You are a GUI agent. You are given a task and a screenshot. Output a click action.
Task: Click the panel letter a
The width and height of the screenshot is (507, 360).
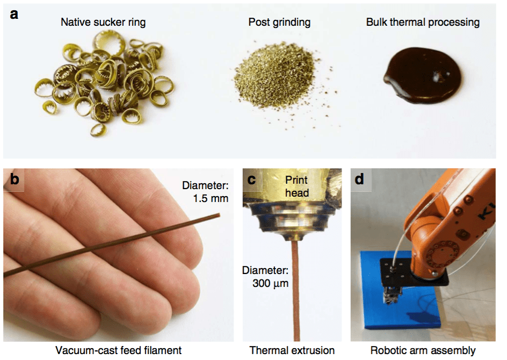point(14,14)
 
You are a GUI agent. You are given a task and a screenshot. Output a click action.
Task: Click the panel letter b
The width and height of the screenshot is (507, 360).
point(15,179)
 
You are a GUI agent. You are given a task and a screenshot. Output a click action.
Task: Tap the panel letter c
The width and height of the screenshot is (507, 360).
point(251,179)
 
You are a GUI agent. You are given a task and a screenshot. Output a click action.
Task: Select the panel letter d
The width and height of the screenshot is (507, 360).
point(359,179)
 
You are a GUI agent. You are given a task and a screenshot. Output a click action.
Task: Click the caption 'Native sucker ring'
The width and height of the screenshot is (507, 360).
point(103,23)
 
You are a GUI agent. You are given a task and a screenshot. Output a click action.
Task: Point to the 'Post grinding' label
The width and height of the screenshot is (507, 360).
point(279,23)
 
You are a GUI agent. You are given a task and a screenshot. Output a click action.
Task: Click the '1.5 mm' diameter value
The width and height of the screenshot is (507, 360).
point(211,198)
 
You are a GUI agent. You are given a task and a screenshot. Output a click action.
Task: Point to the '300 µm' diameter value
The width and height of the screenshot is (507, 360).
point(270,283)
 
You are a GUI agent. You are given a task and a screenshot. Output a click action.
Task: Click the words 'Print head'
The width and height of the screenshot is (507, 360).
point(297,186)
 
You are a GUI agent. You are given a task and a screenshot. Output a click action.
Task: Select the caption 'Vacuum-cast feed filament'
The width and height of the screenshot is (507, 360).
point(118,350)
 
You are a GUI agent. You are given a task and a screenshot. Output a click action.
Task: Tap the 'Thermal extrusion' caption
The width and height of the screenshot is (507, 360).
point(292,350)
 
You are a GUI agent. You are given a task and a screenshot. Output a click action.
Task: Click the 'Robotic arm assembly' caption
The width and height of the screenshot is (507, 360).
point(423,351)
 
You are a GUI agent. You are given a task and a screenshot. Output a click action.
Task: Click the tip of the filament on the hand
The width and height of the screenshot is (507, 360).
point(219,215)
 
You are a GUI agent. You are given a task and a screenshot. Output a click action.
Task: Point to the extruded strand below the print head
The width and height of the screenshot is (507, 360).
point(295,291)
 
